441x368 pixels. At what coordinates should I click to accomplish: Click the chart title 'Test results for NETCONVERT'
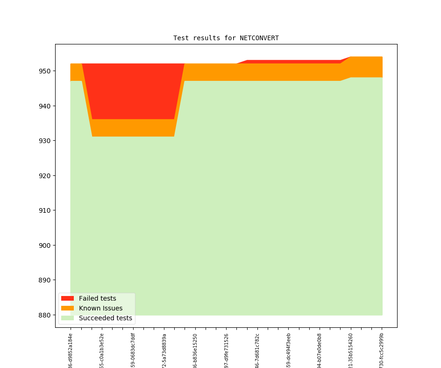(226, 38)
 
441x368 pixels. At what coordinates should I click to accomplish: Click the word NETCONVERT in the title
(259, 38)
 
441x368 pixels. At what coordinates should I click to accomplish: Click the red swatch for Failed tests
(67, 298)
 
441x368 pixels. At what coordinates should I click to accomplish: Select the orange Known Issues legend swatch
(67, 308)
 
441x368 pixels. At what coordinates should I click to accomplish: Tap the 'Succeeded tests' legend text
(105, 318)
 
